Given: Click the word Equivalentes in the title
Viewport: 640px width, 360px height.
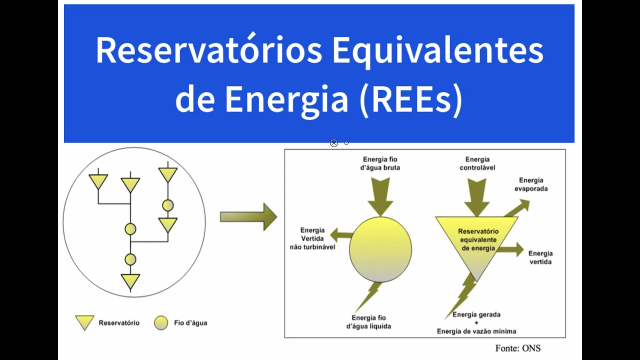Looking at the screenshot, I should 437,50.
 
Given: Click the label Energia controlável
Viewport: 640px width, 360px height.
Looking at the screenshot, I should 477,163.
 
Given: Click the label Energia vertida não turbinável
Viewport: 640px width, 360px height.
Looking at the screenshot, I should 312,238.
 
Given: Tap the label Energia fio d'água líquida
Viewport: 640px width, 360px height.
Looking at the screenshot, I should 368,322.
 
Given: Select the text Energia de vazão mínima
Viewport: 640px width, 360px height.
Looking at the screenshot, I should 476,331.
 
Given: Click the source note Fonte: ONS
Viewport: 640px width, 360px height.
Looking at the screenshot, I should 517,348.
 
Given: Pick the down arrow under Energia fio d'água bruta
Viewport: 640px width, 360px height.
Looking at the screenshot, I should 380,196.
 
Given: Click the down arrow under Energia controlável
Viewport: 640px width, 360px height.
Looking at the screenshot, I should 476,196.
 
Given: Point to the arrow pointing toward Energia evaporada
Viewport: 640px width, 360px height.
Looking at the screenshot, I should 517,207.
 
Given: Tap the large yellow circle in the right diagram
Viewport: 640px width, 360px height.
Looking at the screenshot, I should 380,249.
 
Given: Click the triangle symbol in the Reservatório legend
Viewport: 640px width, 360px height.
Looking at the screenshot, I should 84,322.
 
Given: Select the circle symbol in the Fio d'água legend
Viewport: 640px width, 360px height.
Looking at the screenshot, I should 161,322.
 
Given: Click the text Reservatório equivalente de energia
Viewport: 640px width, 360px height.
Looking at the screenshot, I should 478,240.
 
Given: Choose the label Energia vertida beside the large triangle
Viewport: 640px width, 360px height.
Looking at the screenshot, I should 540,257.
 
